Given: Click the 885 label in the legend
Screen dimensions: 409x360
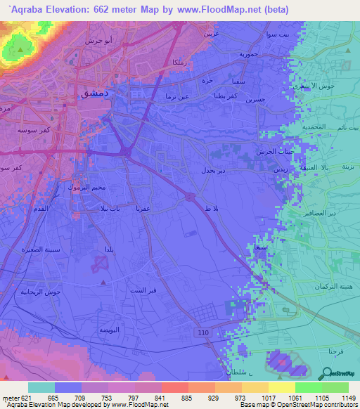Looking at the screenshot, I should click(186, 397).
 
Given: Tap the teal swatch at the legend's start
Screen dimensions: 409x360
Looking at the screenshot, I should click(41, 387).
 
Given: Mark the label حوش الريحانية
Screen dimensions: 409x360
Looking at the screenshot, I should click(33, 291).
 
